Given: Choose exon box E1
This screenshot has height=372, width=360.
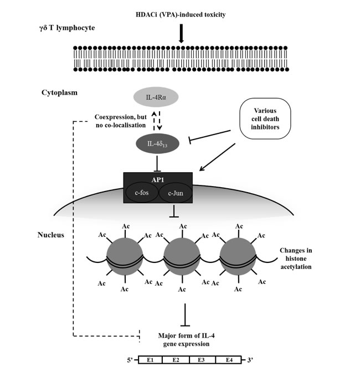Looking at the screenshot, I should [x=151, y=360].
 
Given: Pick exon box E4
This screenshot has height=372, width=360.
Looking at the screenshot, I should [x=229, y=360].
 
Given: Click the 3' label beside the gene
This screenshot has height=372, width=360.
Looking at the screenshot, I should [x=250, y=360].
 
